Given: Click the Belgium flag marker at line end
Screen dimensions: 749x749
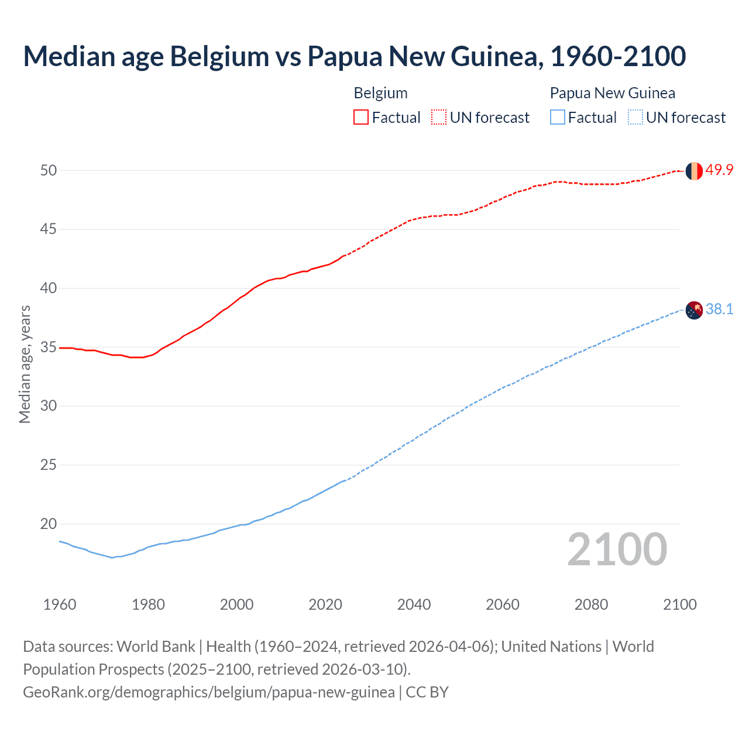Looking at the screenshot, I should point(694,171).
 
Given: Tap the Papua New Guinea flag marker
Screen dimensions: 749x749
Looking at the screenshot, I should point(694,310).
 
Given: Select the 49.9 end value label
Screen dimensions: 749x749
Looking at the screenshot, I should point(719,170).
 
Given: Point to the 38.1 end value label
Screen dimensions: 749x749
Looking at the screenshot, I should point(719,310).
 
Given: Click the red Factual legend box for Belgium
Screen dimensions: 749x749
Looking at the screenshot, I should point(361,118).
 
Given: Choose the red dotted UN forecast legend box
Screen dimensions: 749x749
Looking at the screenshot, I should point(439,118).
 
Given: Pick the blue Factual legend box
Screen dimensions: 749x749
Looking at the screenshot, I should point(558,118).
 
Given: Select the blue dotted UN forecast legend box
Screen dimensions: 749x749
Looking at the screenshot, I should point(635,118).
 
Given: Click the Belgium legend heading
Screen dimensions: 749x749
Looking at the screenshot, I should point(380,93).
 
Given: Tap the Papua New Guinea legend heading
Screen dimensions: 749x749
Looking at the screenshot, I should point(612,93).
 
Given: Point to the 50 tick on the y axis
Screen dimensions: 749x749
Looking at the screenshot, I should point(48,171).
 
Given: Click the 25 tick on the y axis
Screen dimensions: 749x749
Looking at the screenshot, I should point(48,465).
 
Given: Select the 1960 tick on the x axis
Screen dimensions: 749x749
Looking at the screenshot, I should point(60,604).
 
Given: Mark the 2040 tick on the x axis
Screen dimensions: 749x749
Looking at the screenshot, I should point(414,604).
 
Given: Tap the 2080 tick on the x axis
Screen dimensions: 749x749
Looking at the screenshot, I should point(591,604).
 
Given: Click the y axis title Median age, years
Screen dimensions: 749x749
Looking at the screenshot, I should point(25,364).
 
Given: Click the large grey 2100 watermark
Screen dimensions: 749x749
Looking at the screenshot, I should point(617,549).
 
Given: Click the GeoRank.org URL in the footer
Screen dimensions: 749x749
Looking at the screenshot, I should point(208,692).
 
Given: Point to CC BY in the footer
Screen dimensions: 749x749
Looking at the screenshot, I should point(427,692).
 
